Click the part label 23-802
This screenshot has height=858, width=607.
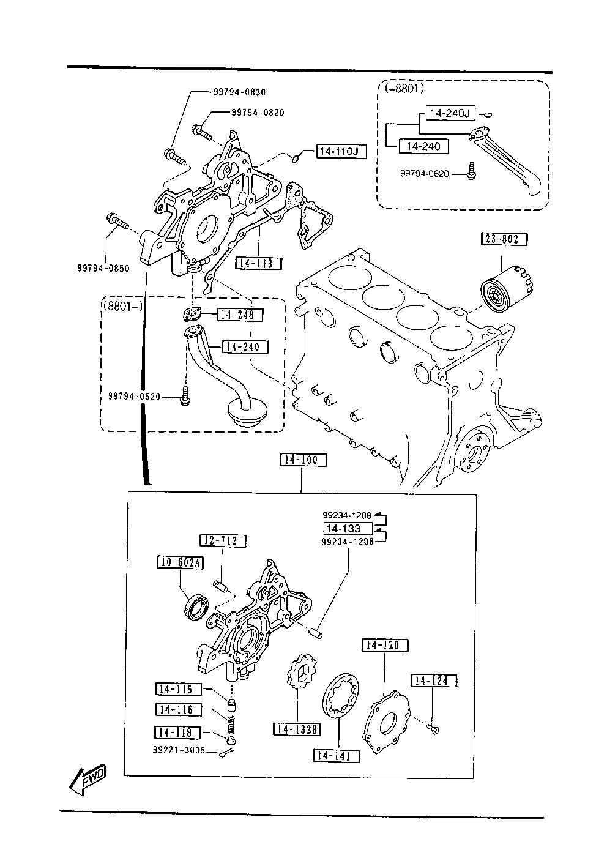504,239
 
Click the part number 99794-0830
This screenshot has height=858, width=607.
239,92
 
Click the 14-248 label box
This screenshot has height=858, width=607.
239,315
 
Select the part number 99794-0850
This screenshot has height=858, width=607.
104,267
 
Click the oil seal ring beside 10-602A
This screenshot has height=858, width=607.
197,608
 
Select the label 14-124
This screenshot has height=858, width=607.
434,681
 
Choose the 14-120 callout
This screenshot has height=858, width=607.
385,645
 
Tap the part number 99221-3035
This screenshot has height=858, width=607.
179,751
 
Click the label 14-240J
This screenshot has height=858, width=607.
449,113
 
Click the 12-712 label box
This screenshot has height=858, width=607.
223,541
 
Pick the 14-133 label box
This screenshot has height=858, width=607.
347,528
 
